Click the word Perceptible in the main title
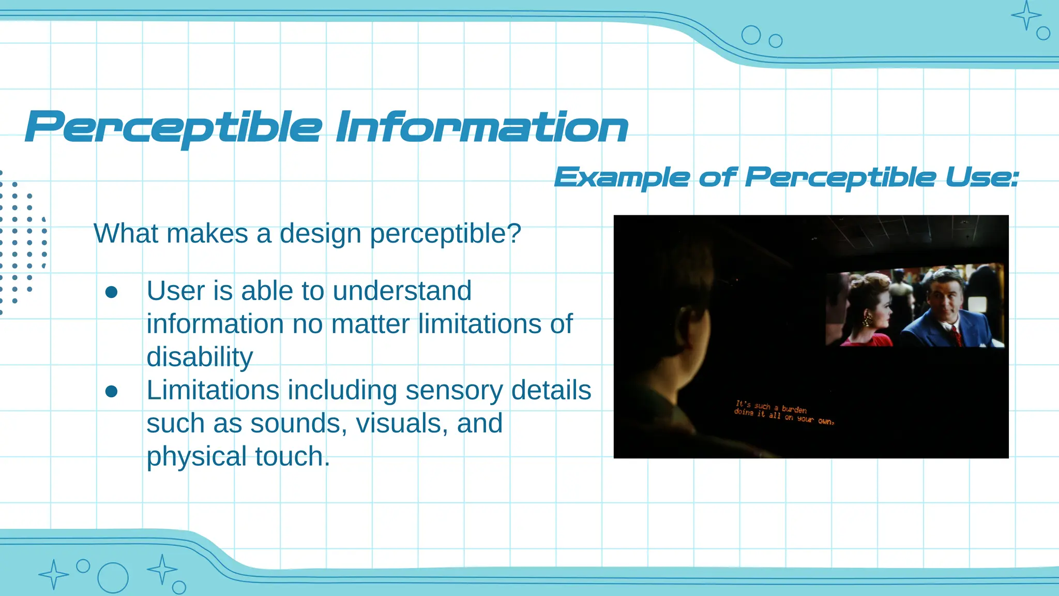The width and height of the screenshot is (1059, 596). click(173, 127)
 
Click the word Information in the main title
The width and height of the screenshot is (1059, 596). click(482, 127)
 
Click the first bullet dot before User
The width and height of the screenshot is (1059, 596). click(111, 292)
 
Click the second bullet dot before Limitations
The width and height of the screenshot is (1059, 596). click(111, 392)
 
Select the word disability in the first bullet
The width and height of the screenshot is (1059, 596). click(200, 357)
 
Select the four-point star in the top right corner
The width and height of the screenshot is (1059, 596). click(1026, 16)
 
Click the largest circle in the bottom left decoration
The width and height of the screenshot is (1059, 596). click(113, 577)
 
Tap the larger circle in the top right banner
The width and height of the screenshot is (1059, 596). click(751, 35)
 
